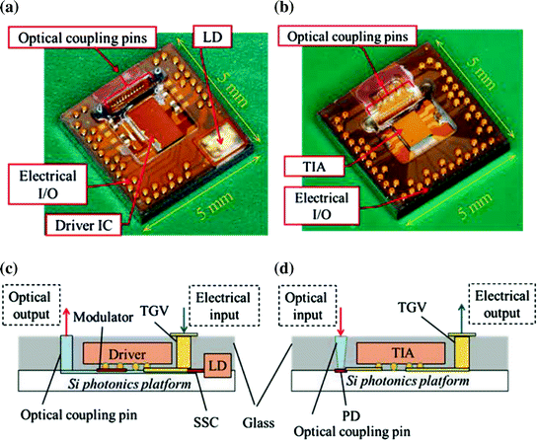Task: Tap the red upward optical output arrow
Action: [66, 313]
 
